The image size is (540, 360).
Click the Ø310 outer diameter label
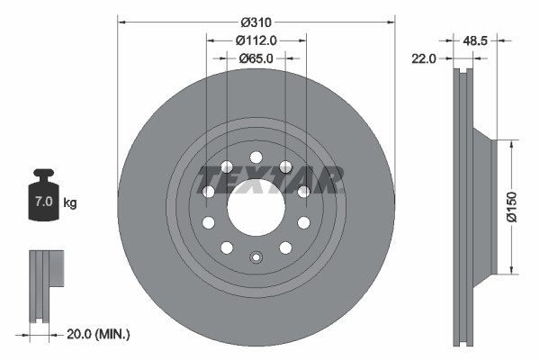point(256,20)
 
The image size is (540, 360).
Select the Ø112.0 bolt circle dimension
point(256,40)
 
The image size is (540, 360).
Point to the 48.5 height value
point(476,40)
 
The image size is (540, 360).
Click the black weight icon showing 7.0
point(43,194)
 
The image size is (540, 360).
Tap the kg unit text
point(70,203)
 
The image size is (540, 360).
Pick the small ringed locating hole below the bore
point(256,259)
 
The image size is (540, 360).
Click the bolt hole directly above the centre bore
point(256,157)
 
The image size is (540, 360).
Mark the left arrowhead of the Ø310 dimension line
point(121,21)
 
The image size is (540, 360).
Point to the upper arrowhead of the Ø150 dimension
point(512,142)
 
